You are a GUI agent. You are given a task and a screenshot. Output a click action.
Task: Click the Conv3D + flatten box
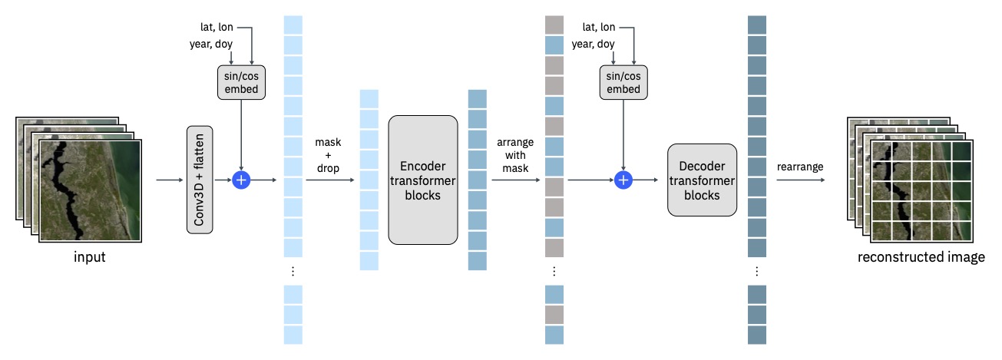tap(200, 180)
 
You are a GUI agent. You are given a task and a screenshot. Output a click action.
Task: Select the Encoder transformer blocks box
tap(423, 180)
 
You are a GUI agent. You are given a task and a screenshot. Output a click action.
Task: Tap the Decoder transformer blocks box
tap(702, 180)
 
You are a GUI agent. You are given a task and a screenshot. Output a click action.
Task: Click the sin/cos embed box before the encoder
tap(241, 82)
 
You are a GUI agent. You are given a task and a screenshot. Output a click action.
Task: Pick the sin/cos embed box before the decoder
tap(623, 82)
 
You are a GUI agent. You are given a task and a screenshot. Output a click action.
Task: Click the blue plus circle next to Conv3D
tap(241, 180)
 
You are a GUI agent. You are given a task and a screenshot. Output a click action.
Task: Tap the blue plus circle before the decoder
tap(623, 180)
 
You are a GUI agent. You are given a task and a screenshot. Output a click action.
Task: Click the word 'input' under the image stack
tap(90, 256)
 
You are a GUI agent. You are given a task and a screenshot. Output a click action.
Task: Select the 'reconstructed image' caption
tap(921, 256)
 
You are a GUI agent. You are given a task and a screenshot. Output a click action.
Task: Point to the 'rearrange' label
tap(800, 167)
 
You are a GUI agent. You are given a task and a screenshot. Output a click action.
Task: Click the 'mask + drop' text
tap(328, 155)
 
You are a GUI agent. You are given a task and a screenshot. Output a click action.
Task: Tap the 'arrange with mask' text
tap(515, 155)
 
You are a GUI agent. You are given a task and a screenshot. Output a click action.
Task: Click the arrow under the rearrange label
tap(801, 180)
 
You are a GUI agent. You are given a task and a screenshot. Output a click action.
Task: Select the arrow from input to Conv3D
tap(170, 180)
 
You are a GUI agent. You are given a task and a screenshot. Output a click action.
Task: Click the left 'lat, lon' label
tap(217, 28)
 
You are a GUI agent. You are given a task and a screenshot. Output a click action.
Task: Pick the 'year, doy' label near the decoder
tap(593, 44)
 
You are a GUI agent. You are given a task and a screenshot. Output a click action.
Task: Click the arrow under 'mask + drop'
tap(330, 180)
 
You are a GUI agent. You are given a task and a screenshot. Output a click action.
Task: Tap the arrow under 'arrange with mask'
tap(516, 180)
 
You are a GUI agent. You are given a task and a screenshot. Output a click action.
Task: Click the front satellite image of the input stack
tap(91, 191)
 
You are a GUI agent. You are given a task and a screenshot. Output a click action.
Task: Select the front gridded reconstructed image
tap(921, 191)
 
